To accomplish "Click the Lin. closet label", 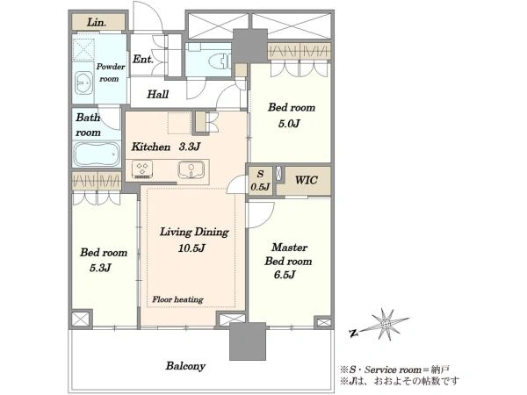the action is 97,23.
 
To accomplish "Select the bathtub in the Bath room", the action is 97,154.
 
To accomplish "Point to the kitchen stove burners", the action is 142,169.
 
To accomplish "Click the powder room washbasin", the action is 83,83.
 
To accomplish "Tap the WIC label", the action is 307,180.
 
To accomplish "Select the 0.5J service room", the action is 260,181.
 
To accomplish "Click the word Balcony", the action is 185,366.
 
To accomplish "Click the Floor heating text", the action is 177,299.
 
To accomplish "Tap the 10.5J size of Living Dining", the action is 191,248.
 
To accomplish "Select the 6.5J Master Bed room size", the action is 285,275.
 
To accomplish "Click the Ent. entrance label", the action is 143,60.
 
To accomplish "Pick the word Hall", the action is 157,94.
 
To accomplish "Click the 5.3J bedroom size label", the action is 100,268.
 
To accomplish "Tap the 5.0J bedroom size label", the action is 289,124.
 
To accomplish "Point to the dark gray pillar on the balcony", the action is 248,341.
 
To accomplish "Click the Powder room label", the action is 111,73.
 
